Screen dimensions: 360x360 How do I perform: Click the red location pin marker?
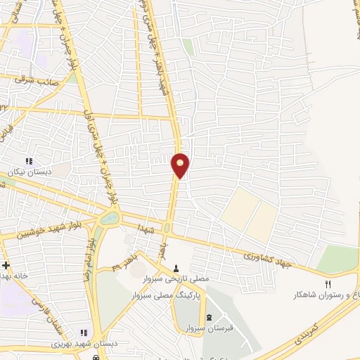pyautogui.click(x=181, y=165)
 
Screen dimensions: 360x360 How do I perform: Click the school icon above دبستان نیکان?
pyautogui.click(x=29, y=160)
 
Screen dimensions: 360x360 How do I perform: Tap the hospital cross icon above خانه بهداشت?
pyautogui.click(x=6, y=265)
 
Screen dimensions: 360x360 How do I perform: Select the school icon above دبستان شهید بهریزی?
pyautogui.click(x=84, y=333)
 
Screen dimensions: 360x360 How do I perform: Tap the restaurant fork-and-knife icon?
pyautogui.click(x=328, y=283)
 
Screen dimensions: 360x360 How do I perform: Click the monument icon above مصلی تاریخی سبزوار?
pyautogui.click(x=176, y=267)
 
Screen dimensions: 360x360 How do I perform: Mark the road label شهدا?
pyautogui.click(x=146, y=231)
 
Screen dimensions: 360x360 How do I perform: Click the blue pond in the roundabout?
pyautogui.click(x=110, y=219)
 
